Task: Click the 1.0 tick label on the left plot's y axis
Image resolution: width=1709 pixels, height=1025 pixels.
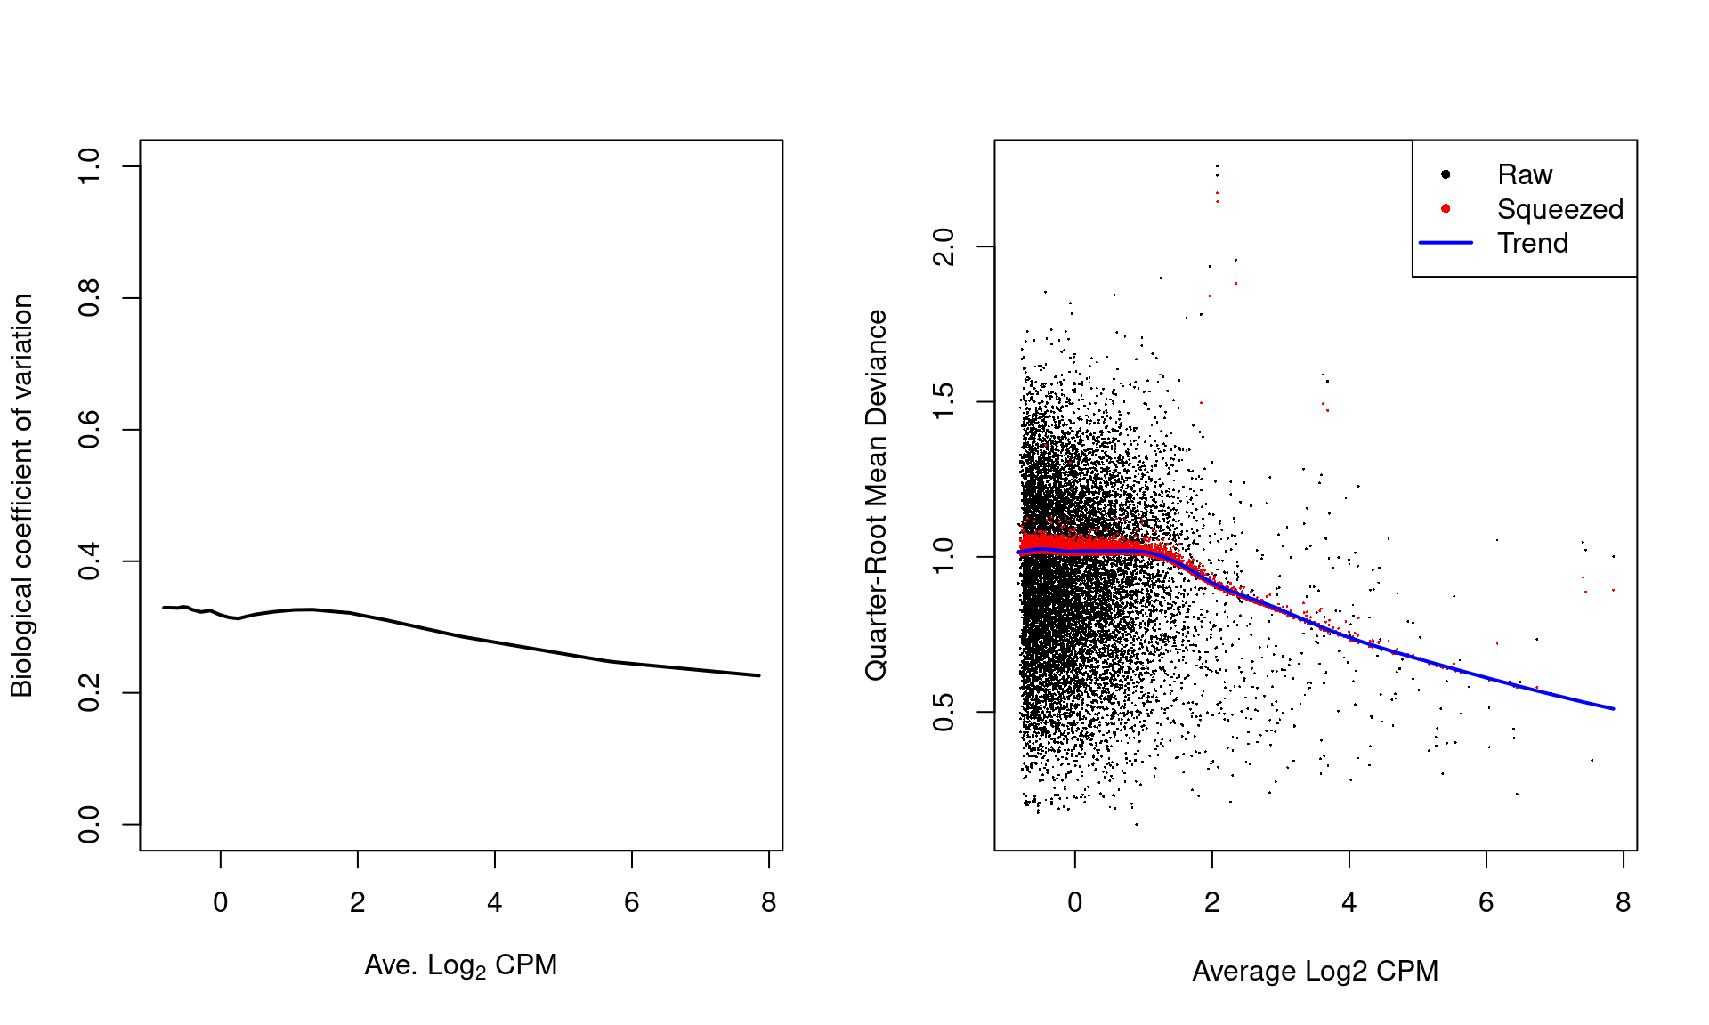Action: point(89,166)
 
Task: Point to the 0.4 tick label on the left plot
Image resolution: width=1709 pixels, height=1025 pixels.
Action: point(89,561)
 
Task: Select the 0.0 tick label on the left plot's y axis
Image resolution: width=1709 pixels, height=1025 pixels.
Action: point(89,824)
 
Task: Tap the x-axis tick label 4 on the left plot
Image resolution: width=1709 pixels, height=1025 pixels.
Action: point(495,902)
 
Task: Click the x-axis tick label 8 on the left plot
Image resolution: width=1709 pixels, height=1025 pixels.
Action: point(768,902)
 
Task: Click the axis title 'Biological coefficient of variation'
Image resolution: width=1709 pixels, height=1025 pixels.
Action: point(21,495)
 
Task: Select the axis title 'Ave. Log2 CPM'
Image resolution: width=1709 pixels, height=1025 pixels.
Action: point(460,965)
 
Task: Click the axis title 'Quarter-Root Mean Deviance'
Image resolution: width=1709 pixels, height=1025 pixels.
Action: point(876,495)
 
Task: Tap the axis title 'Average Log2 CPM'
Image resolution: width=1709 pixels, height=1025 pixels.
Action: point(1315,971)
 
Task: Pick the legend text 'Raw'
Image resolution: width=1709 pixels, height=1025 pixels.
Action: point(1524,174)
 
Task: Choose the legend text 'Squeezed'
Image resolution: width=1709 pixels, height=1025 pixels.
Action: point(1559,209)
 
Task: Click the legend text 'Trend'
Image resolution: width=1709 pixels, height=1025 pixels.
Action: point(1532,243)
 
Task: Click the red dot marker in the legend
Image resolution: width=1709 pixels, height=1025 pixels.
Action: point(1446,208)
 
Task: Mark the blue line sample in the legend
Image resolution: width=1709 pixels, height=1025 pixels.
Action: point(1446,242)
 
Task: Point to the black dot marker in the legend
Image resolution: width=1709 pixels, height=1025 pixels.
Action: point(1446,174)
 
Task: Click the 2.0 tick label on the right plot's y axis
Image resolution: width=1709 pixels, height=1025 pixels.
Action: point(944,246)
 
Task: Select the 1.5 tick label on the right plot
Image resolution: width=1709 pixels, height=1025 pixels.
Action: point(944,401)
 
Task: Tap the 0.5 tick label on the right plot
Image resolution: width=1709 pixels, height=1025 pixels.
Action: point(944,712)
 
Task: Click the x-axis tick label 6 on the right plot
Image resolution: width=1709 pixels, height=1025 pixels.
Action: point(1486,902)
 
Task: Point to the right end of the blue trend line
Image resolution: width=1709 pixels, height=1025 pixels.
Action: point(1613,709)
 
